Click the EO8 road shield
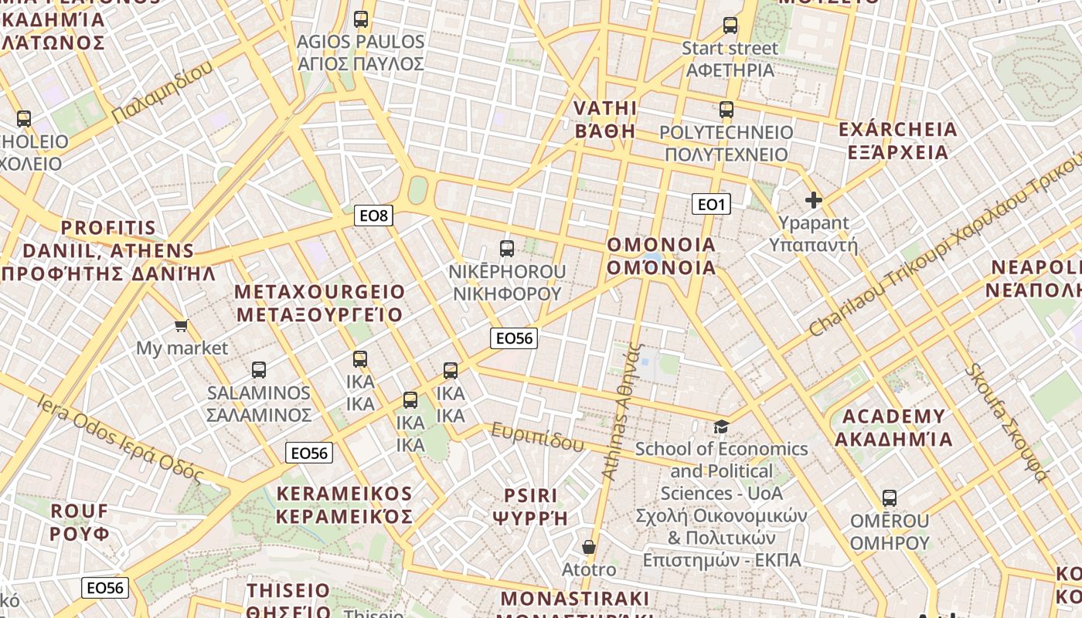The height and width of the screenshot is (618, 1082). pyautogui.click(x=373, y=216)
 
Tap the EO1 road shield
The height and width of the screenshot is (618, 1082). pyautogui.click(x=711, y=204)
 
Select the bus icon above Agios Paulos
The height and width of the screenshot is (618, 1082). pyautogui.click(x=361, y=19)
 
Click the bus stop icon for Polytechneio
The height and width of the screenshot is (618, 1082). pyautogui.click(x=726, y=110)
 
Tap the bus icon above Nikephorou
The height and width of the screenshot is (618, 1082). pyautogui.click(x=507, y=249)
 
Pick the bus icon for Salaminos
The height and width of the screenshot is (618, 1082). pyautogui.click(x=259, y=370)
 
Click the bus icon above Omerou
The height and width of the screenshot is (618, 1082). pyautogui.click(x=890, y=498)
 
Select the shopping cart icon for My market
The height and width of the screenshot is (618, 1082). pyautogui.click(x=182, y=326)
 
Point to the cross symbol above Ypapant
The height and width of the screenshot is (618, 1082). pyautogui.click(x=814, y=201)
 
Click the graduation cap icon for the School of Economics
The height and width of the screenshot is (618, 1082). pyautogui.click(x=721, y=426)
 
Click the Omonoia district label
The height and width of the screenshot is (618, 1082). pyautogui.click(x=662, y=256)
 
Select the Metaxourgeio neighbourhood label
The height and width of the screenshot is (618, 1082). pyautogui.click(x=320, y=303)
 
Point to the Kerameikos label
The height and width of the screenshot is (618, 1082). pyautogui.click(x=345, y=505)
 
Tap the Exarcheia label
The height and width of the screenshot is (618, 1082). pyautogui.click(x=897, y=141)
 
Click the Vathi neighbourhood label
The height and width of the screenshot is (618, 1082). pyautogui.click(x=606, y=119)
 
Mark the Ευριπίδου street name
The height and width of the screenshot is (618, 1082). pyautogui.click(x=538, y=437)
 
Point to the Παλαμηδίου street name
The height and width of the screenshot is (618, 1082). pyautogui.click(x=162, y=92)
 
